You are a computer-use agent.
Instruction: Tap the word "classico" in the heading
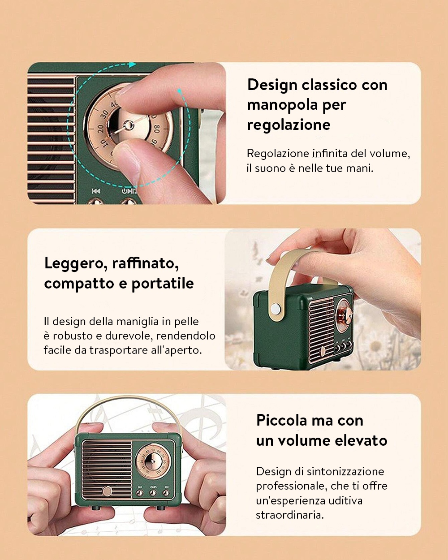coord(329,85)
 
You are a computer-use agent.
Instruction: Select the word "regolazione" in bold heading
coord(289,125)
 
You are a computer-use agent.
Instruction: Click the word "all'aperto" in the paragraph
coord(176,350)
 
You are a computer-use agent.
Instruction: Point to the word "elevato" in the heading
coord(361,441)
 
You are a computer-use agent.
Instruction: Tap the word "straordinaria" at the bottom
coord(289,515)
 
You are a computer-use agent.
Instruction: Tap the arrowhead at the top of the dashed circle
coord(132,65)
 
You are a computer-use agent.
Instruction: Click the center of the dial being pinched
coord(129,125)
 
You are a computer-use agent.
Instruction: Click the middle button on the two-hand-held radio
coord(153,493)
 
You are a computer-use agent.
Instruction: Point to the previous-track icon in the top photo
coord(96,191)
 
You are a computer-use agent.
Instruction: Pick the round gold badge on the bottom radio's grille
coord(107,491)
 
